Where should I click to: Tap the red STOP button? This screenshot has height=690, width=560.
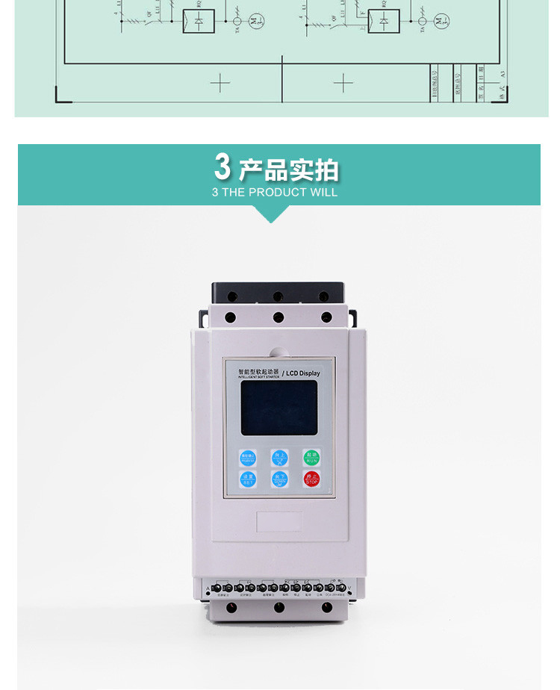point(311,479)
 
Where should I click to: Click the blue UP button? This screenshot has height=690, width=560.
point(279,457)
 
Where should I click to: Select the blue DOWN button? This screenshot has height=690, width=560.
point(279,479)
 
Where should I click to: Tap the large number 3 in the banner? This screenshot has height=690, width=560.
point(223,167)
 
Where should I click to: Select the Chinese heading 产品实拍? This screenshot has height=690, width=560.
point(288,170)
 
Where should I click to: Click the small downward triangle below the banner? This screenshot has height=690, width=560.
point(273,214)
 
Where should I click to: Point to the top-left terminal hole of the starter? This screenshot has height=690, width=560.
point(231,317)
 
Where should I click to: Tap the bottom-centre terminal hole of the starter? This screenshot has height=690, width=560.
point(279,608)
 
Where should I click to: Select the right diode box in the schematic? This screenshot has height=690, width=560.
point(384,22)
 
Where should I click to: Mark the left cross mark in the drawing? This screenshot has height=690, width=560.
point(220,83)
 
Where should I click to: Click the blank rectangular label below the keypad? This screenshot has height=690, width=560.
point(279,521)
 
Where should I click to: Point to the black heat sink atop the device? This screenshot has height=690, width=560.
point(278,291)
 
